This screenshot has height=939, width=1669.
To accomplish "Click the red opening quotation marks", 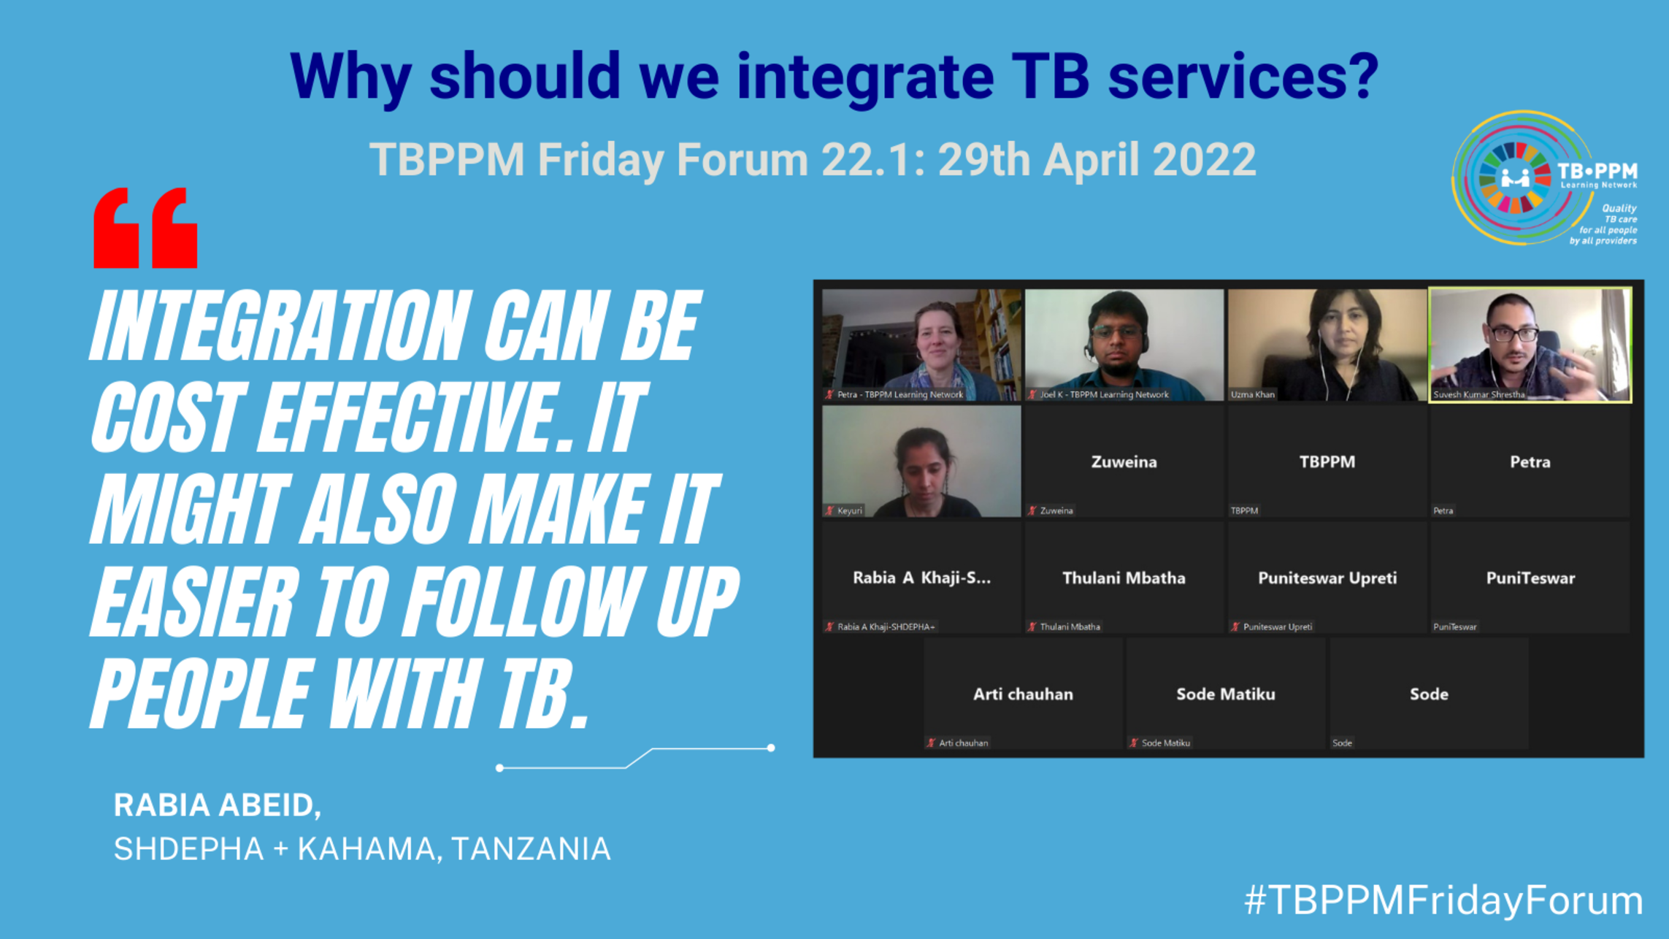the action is pos(145,228).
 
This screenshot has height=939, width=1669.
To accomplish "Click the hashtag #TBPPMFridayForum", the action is pos(1443,900).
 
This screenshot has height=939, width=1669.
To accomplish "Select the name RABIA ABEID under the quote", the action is pos(217,805).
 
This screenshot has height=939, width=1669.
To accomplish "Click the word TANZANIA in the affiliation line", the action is pos(531,848).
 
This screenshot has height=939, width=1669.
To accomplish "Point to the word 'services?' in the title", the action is pos(1243,76).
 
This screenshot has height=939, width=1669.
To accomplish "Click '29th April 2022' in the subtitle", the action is pos(1097,159).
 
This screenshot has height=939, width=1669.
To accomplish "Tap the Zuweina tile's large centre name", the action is pos(1124,461).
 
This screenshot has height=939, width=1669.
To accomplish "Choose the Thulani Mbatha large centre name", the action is pos(1124,578).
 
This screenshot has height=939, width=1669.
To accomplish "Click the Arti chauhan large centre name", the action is pos(1023,694).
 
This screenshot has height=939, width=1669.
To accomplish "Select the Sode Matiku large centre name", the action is pos(1226,694).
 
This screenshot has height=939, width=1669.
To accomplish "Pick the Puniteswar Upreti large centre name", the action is pos(1327,578).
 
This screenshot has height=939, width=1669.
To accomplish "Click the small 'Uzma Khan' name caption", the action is pos(1253,394).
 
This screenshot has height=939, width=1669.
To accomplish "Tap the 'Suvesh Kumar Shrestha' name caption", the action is pos(1479,394).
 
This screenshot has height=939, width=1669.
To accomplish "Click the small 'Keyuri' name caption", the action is pos(850,510).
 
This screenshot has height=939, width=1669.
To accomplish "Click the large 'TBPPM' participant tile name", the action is pos(1327,461).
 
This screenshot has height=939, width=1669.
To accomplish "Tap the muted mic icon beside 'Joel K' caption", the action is pos(1032,394).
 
